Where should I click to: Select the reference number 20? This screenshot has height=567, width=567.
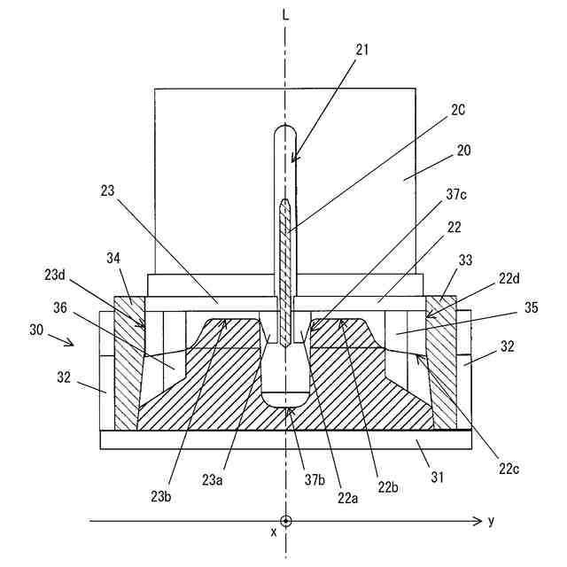pos(464,151)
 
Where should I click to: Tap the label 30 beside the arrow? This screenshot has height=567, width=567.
pos(35,330)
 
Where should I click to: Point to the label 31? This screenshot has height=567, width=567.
pos(425,478)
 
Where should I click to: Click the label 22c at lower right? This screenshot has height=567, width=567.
pos(508,468)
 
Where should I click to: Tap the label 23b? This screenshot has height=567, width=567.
pos(162,495)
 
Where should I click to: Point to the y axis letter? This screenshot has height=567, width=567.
pos(491,520)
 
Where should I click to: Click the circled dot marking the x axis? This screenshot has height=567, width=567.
pos(285,521)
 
